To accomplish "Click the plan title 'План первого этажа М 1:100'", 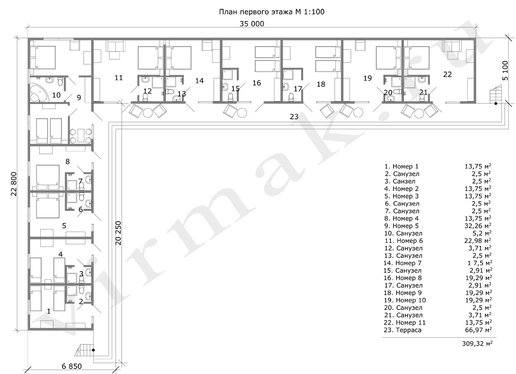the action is click(271, 12).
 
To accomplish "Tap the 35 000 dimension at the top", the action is click(252, 24).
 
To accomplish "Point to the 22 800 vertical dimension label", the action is click(14, 184).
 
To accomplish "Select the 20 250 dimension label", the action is click(118, 233).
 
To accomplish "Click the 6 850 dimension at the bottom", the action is click(72, 366).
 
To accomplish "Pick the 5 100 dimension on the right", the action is click(506, 70).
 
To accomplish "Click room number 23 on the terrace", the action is click(294, 117).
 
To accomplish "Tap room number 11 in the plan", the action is click(119, 78).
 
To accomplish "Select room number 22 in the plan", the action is click(448, 75).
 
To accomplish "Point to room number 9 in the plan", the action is click(79, 98).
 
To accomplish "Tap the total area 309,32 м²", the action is click(478, 343).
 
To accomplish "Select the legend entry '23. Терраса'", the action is click(402, 330).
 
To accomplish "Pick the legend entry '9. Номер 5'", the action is click(401, 226).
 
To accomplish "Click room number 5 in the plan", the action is click(64, 226).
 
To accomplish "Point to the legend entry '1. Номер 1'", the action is click(401, 166).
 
